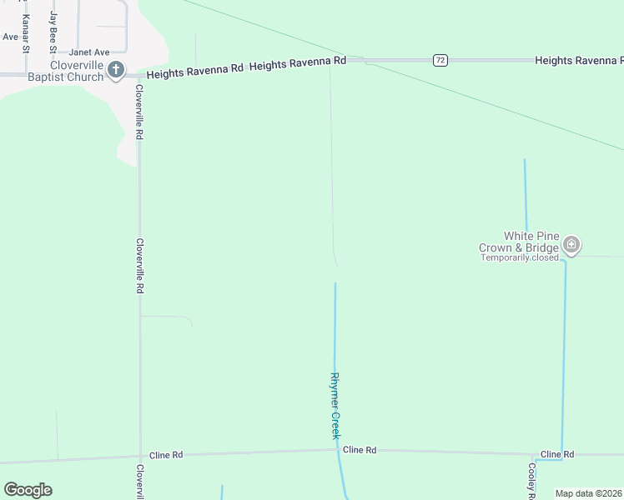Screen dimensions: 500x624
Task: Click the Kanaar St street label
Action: [x=26, y=33]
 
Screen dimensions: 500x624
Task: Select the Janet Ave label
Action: [x=89, y=52]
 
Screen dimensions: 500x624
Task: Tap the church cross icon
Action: [x=117, y=70]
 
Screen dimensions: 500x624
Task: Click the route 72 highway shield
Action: [x=440, y=60]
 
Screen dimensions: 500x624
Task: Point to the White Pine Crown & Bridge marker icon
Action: [x=571, y=244]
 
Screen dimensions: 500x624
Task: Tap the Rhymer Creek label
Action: [x=335, y=405]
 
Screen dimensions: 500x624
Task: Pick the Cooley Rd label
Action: [x=531, y=482]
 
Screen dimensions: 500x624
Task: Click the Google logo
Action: [x=28, y=489]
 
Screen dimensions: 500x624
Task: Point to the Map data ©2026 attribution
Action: [x=588, y=493]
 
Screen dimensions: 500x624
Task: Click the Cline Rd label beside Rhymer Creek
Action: [x=360, y=450]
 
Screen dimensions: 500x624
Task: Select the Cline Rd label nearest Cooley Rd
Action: [x=556, y=454]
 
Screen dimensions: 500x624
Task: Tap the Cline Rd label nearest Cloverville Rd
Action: [x=166, y=455]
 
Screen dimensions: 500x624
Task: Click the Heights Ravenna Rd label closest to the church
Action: [x=194, y=74]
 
